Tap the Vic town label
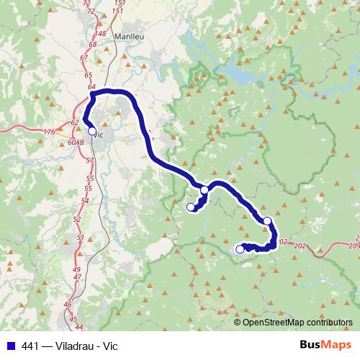99,135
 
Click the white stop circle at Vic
91,131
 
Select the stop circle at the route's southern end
240,249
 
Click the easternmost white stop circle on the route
267,220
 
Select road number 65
88,75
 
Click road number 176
49,132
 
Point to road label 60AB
76,143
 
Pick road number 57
89,160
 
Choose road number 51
80,238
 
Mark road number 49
77,269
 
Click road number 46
68,305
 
